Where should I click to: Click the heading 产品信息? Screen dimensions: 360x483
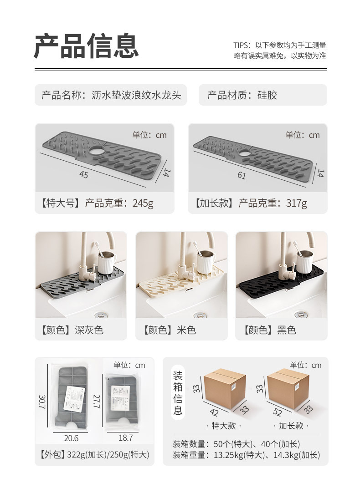(x=86, y=46)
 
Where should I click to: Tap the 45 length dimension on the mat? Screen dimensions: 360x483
(x=84, y=175)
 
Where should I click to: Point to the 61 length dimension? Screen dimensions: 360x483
(x=242, y=176)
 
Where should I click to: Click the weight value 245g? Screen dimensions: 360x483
(x=143, y=203)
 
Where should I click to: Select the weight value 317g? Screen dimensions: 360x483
(x=297, y=203)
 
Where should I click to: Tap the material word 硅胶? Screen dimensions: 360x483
(x=267, y=95)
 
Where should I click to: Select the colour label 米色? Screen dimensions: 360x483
(x=186, y=330)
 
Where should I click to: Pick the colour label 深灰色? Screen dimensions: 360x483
(x=89, y=330)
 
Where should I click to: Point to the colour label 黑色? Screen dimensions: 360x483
(x=287, y=330)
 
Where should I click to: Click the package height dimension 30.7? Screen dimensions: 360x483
(x=42, y=402)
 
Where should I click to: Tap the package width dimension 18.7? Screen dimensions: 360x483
(x=126, y=438)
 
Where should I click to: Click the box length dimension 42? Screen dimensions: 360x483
(x=214, y=412)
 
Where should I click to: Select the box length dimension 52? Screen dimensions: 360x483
(x=278, y=412)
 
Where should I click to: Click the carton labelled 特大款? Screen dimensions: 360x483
(x=224, y=389)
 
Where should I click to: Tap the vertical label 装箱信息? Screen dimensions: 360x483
(x=178, y=392)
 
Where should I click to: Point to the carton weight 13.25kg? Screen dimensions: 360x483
(x=229, y=455)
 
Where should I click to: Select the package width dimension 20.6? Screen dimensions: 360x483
(x=71, y=438)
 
